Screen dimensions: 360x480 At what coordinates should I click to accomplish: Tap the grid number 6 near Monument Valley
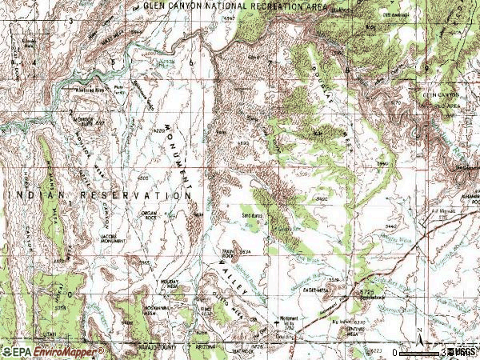click(x=193, y=62)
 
